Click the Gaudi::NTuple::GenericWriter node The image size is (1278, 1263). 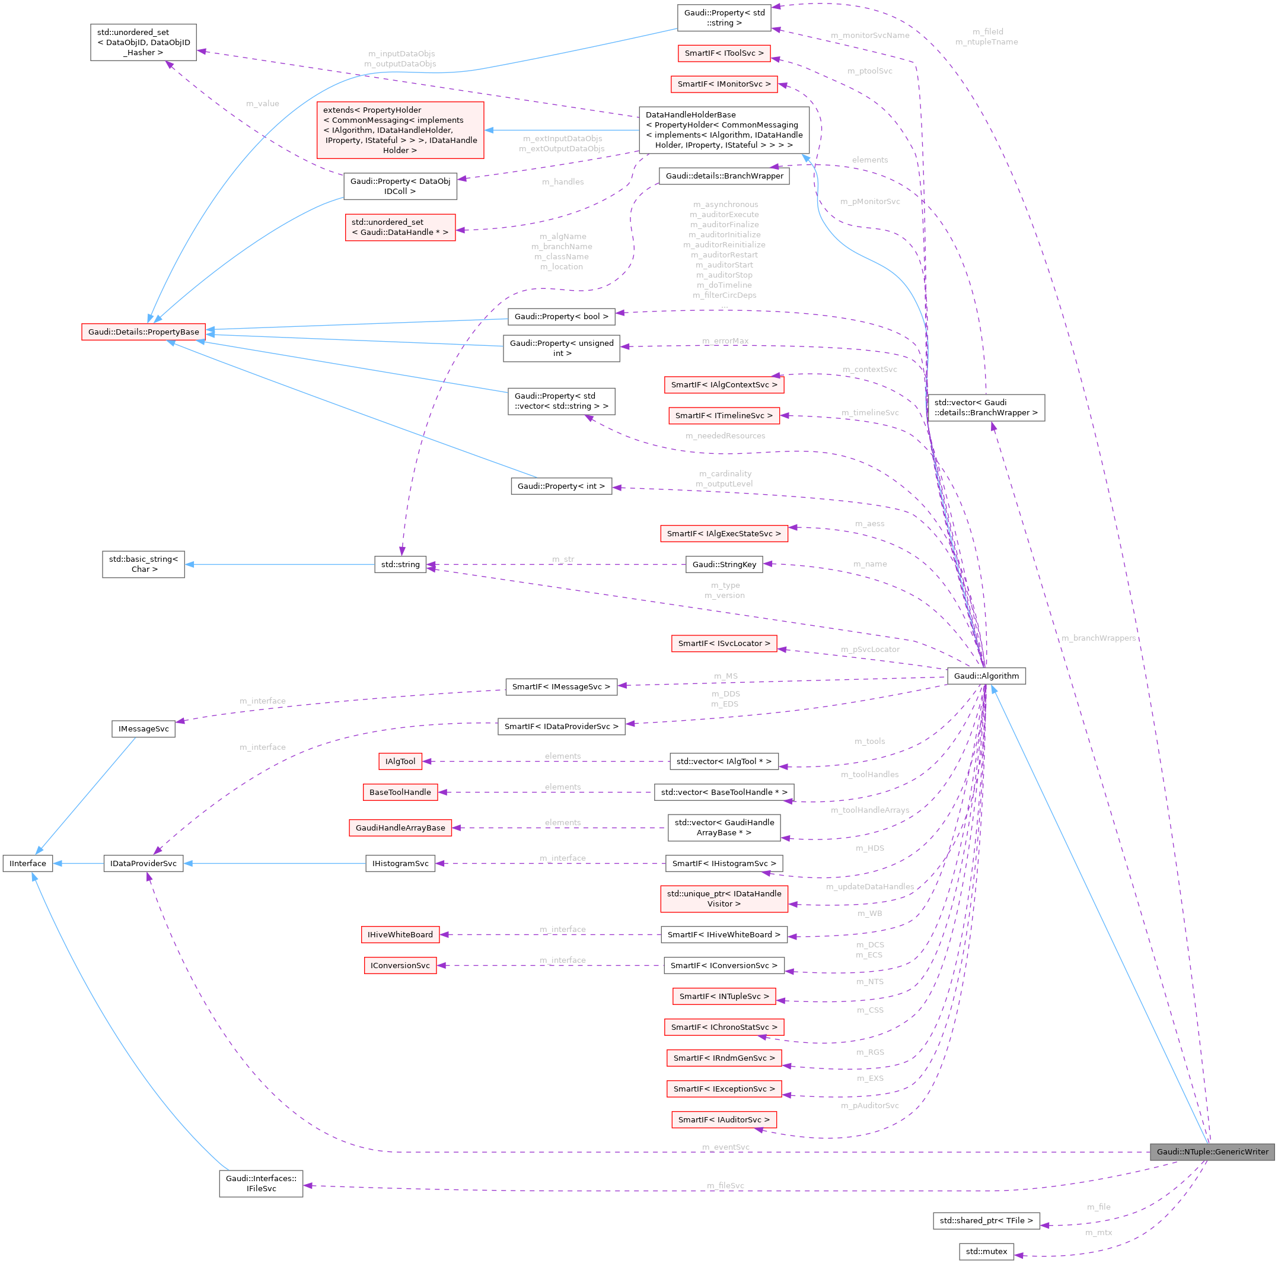coord(1212,1152)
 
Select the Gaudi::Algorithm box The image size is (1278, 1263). coord(986,676)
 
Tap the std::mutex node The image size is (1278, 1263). coord(986,1251)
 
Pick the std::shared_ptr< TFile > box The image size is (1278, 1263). coord(986,1221)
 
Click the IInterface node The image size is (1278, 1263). coord(28,863)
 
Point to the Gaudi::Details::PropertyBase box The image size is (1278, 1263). coord(144,332)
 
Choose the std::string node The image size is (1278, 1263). coord(400,564)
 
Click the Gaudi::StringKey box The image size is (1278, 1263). coord(724,564)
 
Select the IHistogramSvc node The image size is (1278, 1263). coord(400,863)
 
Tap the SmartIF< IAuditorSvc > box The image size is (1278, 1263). coord(724,1119)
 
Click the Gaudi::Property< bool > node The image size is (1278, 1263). coord(561,316)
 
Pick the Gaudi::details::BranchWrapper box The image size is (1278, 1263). coord(724,176)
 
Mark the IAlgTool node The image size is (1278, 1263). coord(400,762)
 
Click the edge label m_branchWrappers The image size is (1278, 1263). coord(1098,638)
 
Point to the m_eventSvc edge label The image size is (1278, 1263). coord(726,1147)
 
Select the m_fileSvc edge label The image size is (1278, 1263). coord(725,1186)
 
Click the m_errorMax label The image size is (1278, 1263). coord(725,341)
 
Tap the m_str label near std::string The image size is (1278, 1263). coord(563,559)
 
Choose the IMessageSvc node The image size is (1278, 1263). coord(144,729)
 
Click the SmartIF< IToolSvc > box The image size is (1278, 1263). coord(724,53)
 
